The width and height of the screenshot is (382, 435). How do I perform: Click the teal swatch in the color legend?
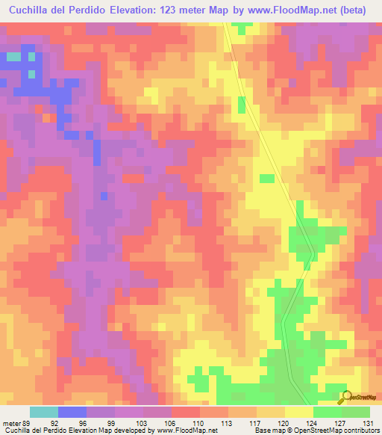coord(44,412)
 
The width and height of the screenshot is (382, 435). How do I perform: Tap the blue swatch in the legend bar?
coord(72,412)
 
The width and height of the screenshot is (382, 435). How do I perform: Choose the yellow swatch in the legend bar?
coord(299,412)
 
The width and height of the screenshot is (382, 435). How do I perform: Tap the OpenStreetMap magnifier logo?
coord(345,398)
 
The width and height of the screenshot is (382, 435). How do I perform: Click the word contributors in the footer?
coord(360,431)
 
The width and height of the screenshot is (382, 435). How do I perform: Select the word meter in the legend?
coord(11,422)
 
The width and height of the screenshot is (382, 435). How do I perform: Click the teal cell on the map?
coord(13,56)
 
